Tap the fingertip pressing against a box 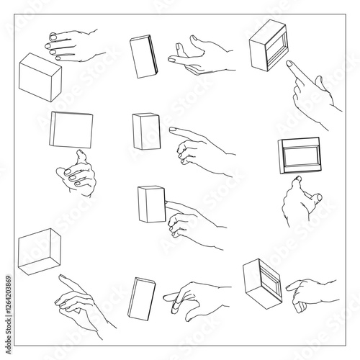point(168,204)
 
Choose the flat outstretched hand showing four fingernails point(72,45)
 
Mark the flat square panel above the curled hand point(71,130)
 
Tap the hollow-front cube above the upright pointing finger point(271,45)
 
